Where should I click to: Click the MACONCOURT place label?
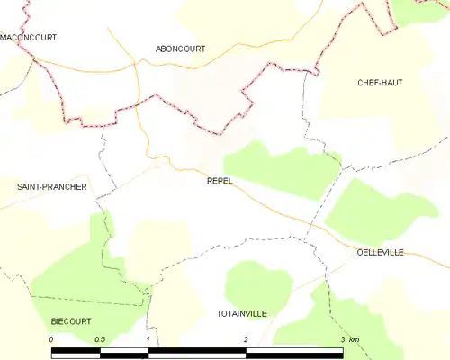[x=29, y=38]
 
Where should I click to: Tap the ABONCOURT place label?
[x=180, y=49]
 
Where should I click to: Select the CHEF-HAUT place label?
[x=379, y=83]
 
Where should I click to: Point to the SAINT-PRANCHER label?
[x=52, y=187]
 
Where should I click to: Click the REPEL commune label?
[x=220, y=181]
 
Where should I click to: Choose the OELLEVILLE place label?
[x=382, y=253]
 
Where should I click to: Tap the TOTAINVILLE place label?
[x=242, y=313]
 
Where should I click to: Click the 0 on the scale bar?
[x=52, y=339]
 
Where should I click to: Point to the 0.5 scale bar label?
[x=99, y=339]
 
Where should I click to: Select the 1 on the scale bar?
[x=147, y=339]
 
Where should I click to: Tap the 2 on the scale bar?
[x=245, y=339]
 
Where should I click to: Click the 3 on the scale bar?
[x=341, y=339]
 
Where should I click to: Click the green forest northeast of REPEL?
[x=279, y=166]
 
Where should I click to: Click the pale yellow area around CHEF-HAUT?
[x=396, y=117]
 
